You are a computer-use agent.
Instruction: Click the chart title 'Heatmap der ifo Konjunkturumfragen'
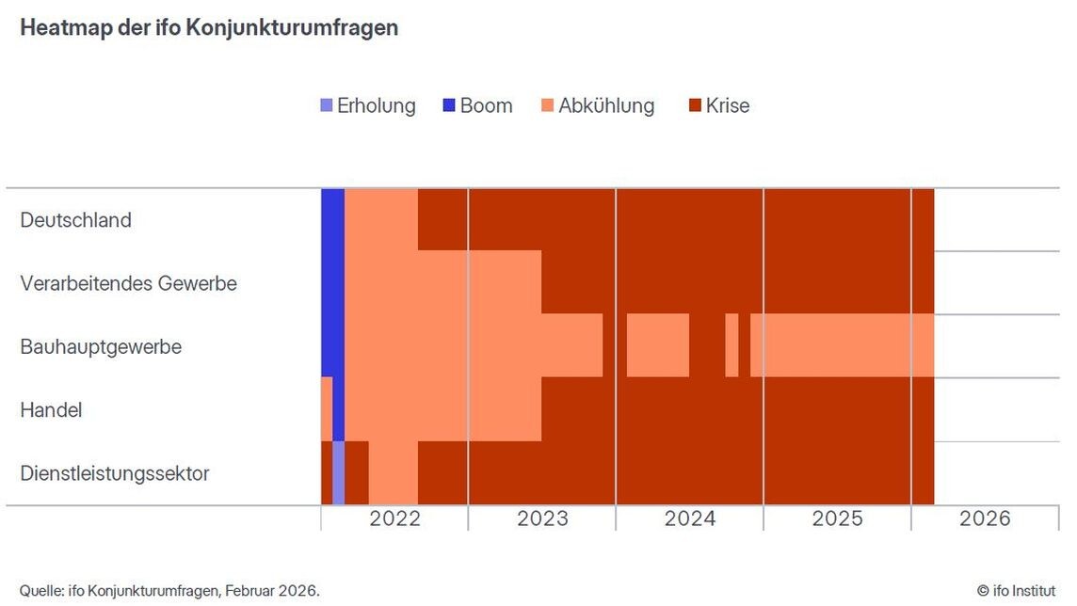[209, 28]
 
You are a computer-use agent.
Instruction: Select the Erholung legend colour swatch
[327, 105]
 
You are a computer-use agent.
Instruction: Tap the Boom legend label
[486, 105]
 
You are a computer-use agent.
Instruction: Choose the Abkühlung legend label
[606, 105]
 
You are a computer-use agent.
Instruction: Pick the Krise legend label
[728, 105]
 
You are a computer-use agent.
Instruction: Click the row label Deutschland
[75, 220]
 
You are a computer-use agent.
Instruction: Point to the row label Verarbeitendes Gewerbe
[128, 283]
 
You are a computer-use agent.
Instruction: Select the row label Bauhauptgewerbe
[101, 346]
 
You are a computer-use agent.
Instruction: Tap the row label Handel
[51, 410]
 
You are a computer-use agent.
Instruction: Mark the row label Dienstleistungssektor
[115, 473]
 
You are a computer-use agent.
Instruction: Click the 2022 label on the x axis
[394, 518]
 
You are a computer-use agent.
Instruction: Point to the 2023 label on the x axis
[542, 518]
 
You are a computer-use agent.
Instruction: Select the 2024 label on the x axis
[690, 518]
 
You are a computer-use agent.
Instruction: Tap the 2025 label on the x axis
[837, 518]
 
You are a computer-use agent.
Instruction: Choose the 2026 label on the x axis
[985, 518]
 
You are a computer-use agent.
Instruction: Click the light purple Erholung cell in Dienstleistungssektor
[338, 472]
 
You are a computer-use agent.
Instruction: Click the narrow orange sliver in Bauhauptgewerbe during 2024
[731, 345]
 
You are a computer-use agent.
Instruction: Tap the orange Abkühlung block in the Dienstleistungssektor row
[393, 472]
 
